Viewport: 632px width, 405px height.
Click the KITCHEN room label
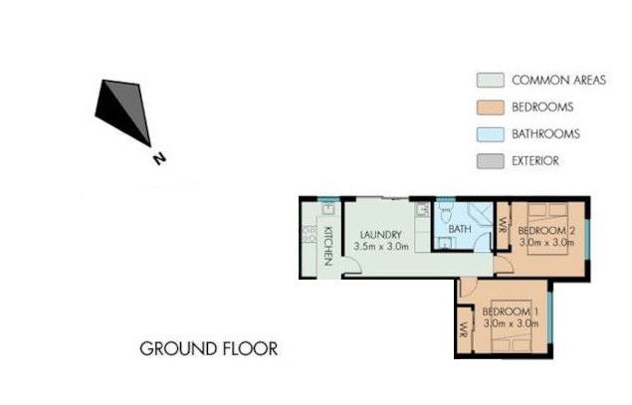[327, 245]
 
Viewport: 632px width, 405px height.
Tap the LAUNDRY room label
[380, 234]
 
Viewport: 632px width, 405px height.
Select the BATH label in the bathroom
[459, 230]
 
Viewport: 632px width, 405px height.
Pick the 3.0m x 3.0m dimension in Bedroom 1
[509, 323]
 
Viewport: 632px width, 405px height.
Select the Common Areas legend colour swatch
[488, 81]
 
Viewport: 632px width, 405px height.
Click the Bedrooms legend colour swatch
[488, 107]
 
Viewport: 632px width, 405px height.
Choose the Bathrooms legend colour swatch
[488, 133]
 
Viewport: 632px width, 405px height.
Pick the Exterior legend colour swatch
[488, 160]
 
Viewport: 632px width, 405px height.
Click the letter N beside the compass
[156, 157]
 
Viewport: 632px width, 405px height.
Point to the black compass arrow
[125, 108]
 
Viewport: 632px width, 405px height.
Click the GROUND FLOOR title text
[208, 349]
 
